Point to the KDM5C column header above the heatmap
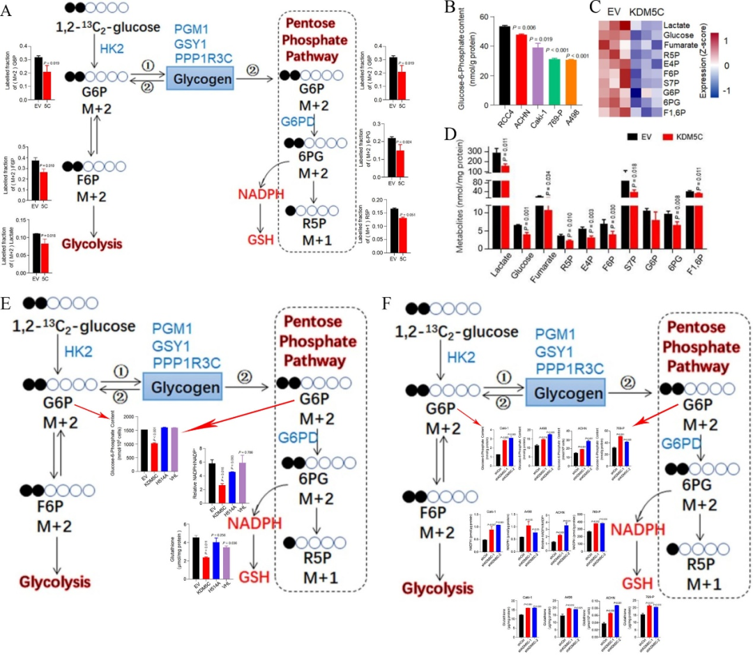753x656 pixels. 652,12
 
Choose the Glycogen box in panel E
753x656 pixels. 183,385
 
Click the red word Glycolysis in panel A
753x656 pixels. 92,244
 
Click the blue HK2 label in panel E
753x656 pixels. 78,352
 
